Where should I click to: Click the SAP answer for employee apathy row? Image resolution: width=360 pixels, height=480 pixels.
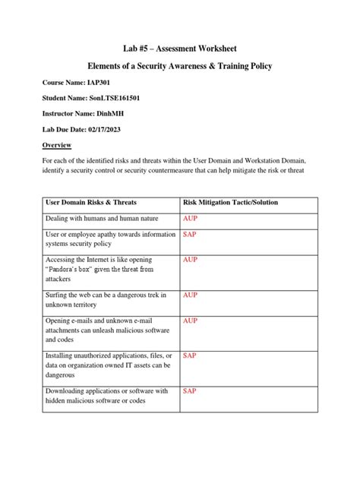tap(190, 235)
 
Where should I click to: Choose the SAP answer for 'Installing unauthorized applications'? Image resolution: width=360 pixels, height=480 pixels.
tap(190, 355)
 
